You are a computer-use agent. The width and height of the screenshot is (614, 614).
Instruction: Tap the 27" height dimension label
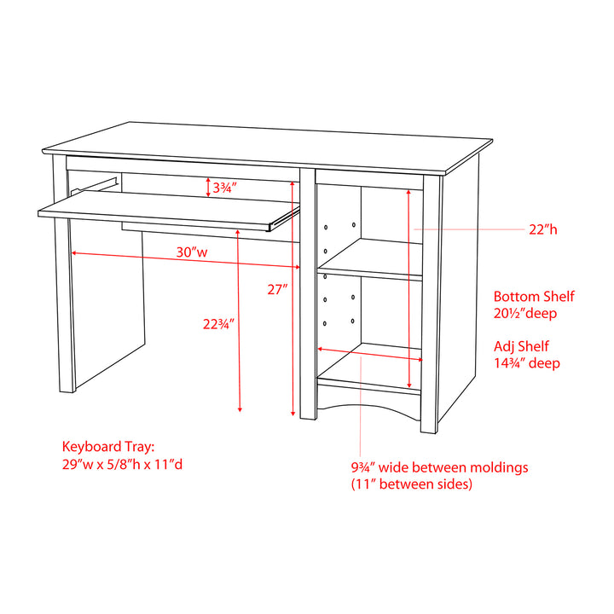point(277,289)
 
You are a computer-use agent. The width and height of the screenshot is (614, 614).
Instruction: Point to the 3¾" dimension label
point(224,187)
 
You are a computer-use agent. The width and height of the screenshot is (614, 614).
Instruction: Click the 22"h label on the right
point(542,229)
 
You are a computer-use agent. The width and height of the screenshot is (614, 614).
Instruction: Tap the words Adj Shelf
point(521,346)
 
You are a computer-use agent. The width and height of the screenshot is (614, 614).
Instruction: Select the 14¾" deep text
point(526,363)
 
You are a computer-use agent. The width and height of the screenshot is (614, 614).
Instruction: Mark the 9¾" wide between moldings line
point(439,467)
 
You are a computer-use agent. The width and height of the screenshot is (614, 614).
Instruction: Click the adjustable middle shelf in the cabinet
point(371,273)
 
